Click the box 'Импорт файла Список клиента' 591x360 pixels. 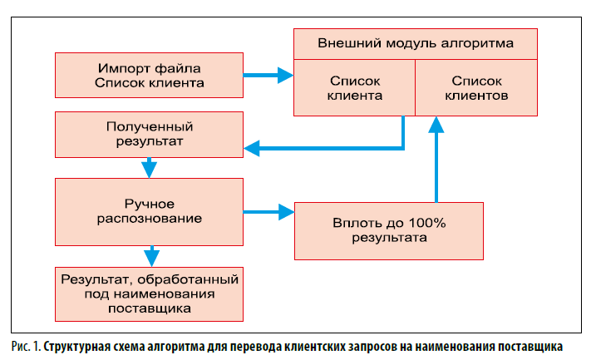coord(150,75)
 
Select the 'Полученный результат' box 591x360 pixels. coord(150,135)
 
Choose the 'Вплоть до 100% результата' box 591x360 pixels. coord(388,229)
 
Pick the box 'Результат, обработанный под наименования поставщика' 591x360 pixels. coord(150,293)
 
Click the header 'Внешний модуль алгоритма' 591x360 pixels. coord(415,42)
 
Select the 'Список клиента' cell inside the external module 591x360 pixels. coord(355,87)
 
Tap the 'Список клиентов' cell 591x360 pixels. coord(475,87)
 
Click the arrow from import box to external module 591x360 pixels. coord(269,75)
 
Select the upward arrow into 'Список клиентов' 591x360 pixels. coord(433,158)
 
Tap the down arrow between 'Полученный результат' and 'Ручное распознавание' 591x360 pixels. coord(150,167)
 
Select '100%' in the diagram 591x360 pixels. coord(426,222)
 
